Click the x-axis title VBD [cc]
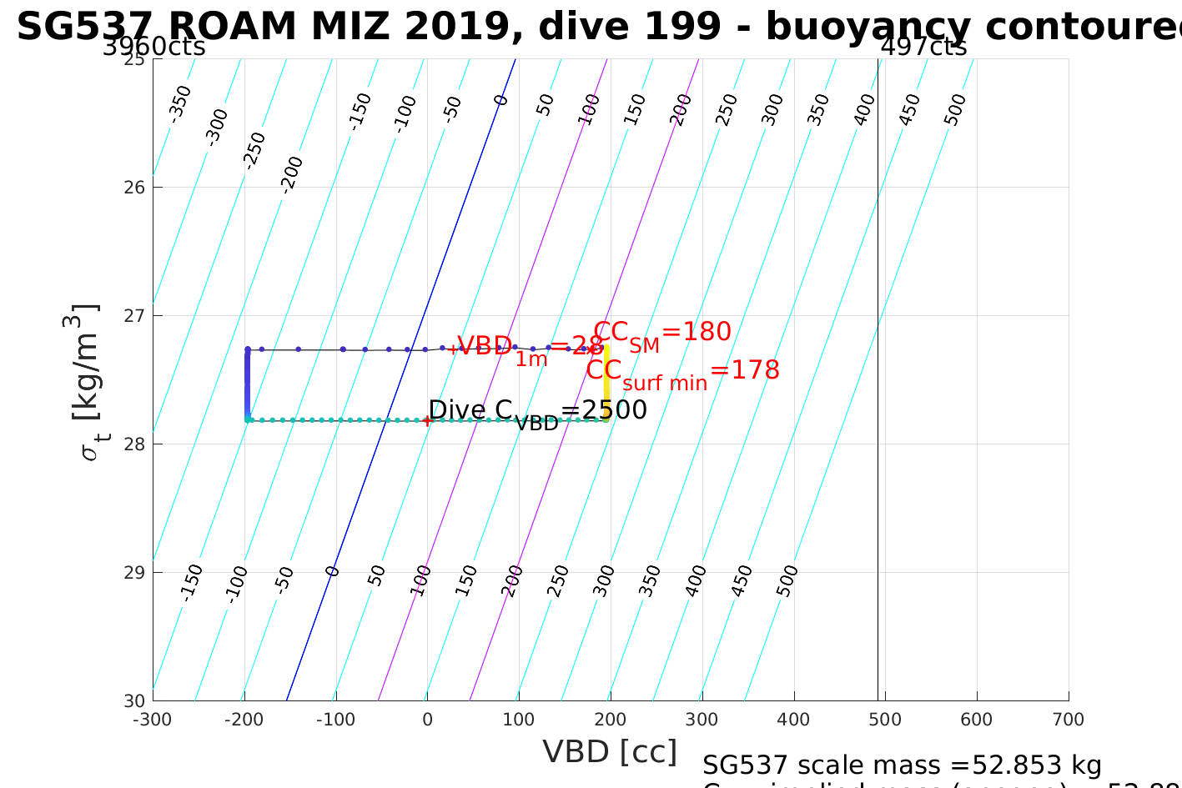coord(610,751)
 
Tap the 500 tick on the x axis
coord(885,720)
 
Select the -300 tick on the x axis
coord(153,720)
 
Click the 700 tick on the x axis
coord(1069,720)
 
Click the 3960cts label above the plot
coord(153,47)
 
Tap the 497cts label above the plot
coord(923,47)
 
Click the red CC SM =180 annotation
coord(662,334)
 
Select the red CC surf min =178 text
coord(682,372)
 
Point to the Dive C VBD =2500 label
coord(537,411)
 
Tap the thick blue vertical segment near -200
coord(247,384)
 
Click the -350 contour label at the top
coord(180,103)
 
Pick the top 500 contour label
coord(955,109)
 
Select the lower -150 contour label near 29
coord(192,581)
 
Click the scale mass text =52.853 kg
coord(902,765)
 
